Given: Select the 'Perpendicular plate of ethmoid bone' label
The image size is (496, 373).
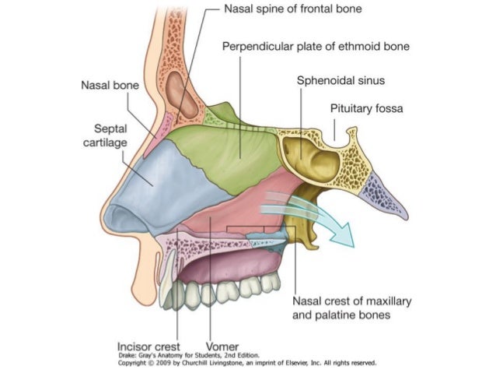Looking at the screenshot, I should pos(316,47).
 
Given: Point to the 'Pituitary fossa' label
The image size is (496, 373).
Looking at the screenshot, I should pos(367,108).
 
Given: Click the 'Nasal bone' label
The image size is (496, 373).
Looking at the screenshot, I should pos(110,85).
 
